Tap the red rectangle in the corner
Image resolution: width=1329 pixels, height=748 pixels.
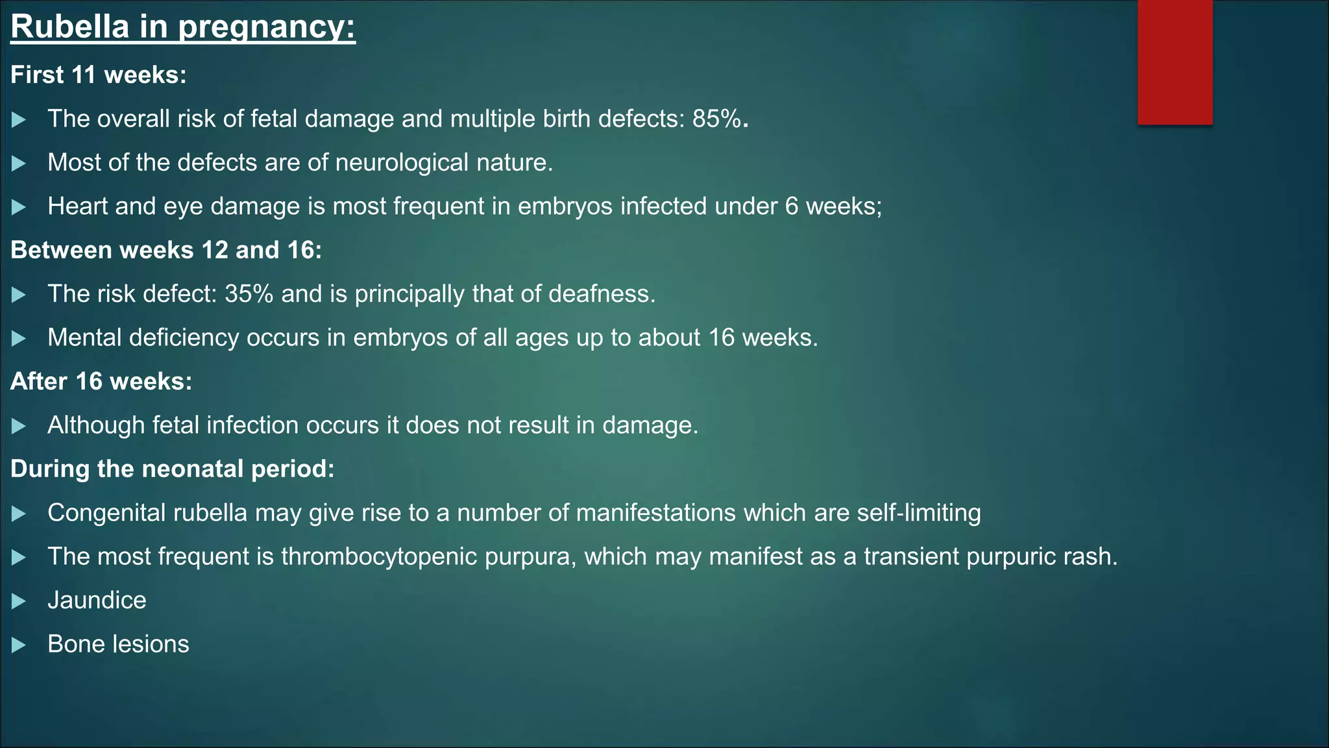pos(1175,62)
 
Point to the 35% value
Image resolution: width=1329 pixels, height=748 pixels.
pos(249,294)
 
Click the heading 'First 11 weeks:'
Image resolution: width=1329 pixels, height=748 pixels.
pos(99,75)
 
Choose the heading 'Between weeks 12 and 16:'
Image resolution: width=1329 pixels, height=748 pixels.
pos(166,251)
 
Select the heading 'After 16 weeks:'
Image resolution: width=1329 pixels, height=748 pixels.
pos(101,382)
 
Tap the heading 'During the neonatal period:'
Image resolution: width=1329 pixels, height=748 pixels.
pos(173,469)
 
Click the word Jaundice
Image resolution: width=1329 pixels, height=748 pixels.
pos(97,601)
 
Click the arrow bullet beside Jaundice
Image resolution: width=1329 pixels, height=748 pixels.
pos(19,601)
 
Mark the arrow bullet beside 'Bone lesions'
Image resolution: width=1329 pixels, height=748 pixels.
pos(19,645)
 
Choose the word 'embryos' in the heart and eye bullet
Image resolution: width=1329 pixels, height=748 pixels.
pos(565,206)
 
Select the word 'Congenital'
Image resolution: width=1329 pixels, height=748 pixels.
pos(106,513)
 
